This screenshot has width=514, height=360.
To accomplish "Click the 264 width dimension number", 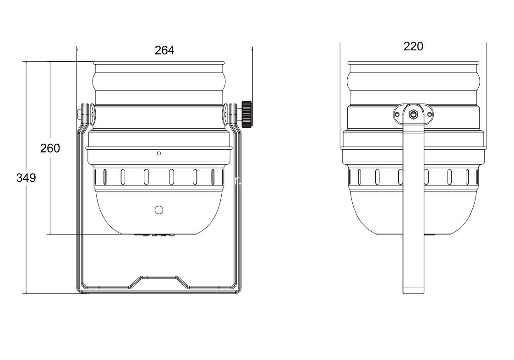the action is (164, 50).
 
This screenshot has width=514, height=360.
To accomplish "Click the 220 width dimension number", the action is (413, 46).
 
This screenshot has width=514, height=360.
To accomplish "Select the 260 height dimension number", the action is (50, 148).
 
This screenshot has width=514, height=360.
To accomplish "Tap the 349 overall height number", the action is (26, 178).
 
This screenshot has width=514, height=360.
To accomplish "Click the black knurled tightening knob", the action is (247, 114).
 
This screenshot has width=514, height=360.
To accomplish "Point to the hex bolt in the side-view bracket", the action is (413, 114).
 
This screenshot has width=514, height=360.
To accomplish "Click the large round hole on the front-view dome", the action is (159, 210).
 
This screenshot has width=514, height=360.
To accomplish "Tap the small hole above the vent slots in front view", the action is (159, 153).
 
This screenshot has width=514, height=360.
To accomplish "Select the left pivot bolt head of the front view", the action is (80, 115).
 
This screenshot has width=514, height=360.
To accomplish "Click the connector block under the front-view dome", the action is (154, 235).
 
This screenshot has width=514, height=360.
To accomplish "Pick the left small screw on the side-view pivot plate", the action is (397, 115).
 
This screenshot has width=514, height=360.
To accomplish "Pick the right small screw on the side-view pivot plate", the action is (429, 115).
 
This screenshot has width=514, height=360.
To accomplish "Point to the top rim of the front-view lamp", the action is (159, 63).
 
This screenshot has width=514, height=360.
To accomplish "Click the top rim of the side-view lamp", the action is (413, 63).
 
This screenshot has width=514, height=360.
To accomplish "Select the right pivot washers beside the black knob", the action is (231, 114).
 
